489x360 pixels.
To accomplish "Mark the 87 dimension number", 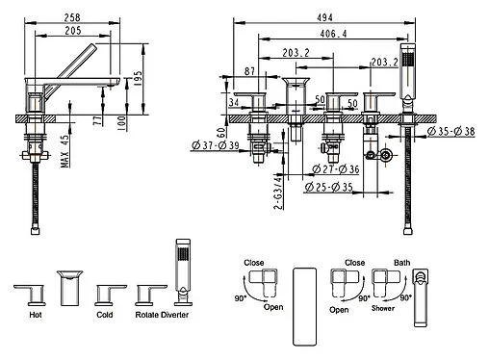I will point(250,72).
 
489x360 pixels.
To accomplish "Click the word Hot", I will point(36,314).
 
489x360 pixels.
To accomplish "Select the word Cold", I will point(104,314).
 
